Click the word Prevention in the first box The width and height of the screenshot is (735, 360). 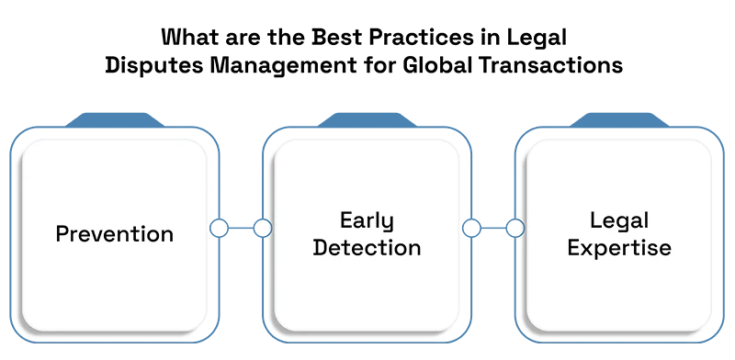(x=114, y=233)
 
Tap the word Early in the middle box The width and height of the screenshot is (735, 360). (x=367, y=221)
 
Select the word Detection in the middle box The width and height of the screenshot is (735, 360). (x=367, y=248)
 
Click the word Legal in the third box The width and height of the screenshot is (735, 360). (x=619, y=221)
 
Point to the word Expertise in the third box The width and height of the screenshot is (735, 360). (x=619, y=249)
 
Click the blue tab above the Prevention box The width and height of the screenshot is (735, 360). (x=114, y=120)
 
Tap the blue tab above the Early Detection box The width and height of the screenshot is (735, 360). (x=367, y=120)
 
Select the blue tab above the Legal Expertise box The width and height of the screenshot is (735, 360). (x=619, y=120)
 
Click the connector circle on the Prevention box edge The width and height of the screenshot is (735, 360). (x=219, y=229)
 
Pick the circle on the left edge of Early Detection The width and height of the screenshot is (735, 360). (x=263, y=229)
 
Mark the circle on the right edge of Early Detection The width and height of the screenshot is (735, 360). (x=471, y=229)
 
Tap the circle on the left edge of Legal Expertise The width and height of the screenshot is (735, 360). (x=515, y=229)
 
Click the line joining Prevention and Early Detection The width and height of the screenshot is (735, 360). (x=241, y=229)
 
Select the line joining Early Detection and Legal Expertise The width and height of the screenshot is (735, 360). (x=493, y=229)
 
